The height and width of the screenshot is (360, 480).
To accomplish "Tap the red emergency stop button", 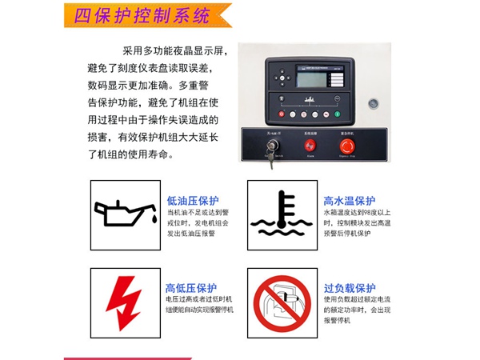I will [347, 146].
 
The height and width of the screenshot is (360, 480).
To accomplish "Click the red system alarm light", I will [309, 146].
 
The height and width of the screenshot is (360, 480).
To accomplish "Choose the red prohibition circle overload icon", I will [281, 302].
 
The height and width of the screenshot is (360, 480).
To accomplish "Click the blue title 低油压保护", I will [192, 201].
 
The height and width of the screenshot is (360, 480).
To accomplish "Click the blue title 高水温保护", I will [349, 201].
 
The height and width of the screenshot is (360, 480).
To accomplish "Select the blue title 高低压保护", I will [191, 288].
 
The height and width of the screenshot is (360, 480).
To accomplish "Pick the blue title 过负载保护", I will [350, 288].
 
